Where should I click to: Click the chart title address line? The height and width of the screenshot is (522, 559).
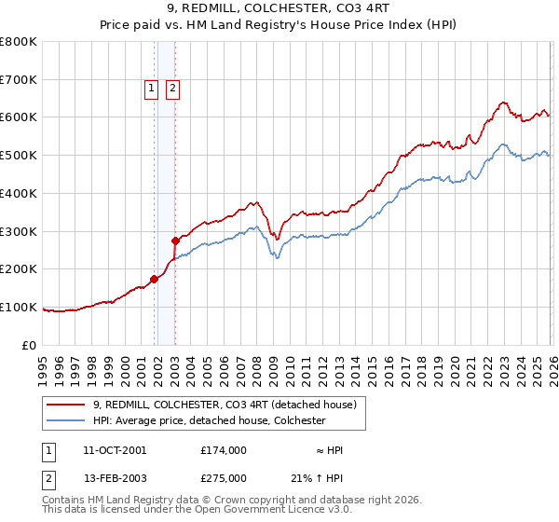pos(279,8)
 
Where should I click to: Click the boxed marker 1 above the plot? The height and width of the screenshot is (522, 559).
pos(151,89)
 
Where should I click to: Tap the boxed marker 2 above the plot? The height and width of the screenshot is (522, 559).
pos(173,89)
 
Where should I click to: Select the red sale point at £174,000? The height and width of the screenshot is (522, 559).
pos(154,278)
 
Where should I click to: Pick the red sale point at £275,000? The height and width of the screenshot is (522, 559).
pos(175,240)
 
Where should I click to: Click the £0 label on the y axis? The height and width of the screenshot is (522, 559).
pos(30,345)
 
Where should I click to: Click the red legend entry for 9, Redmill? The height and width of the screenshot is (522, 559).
pos(224,405)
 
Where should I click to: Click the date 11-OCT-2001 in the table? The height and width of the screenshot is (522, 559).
pos(115,449)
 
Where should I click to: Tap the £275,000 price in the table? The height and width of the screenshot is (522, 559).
pos(224,476)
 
